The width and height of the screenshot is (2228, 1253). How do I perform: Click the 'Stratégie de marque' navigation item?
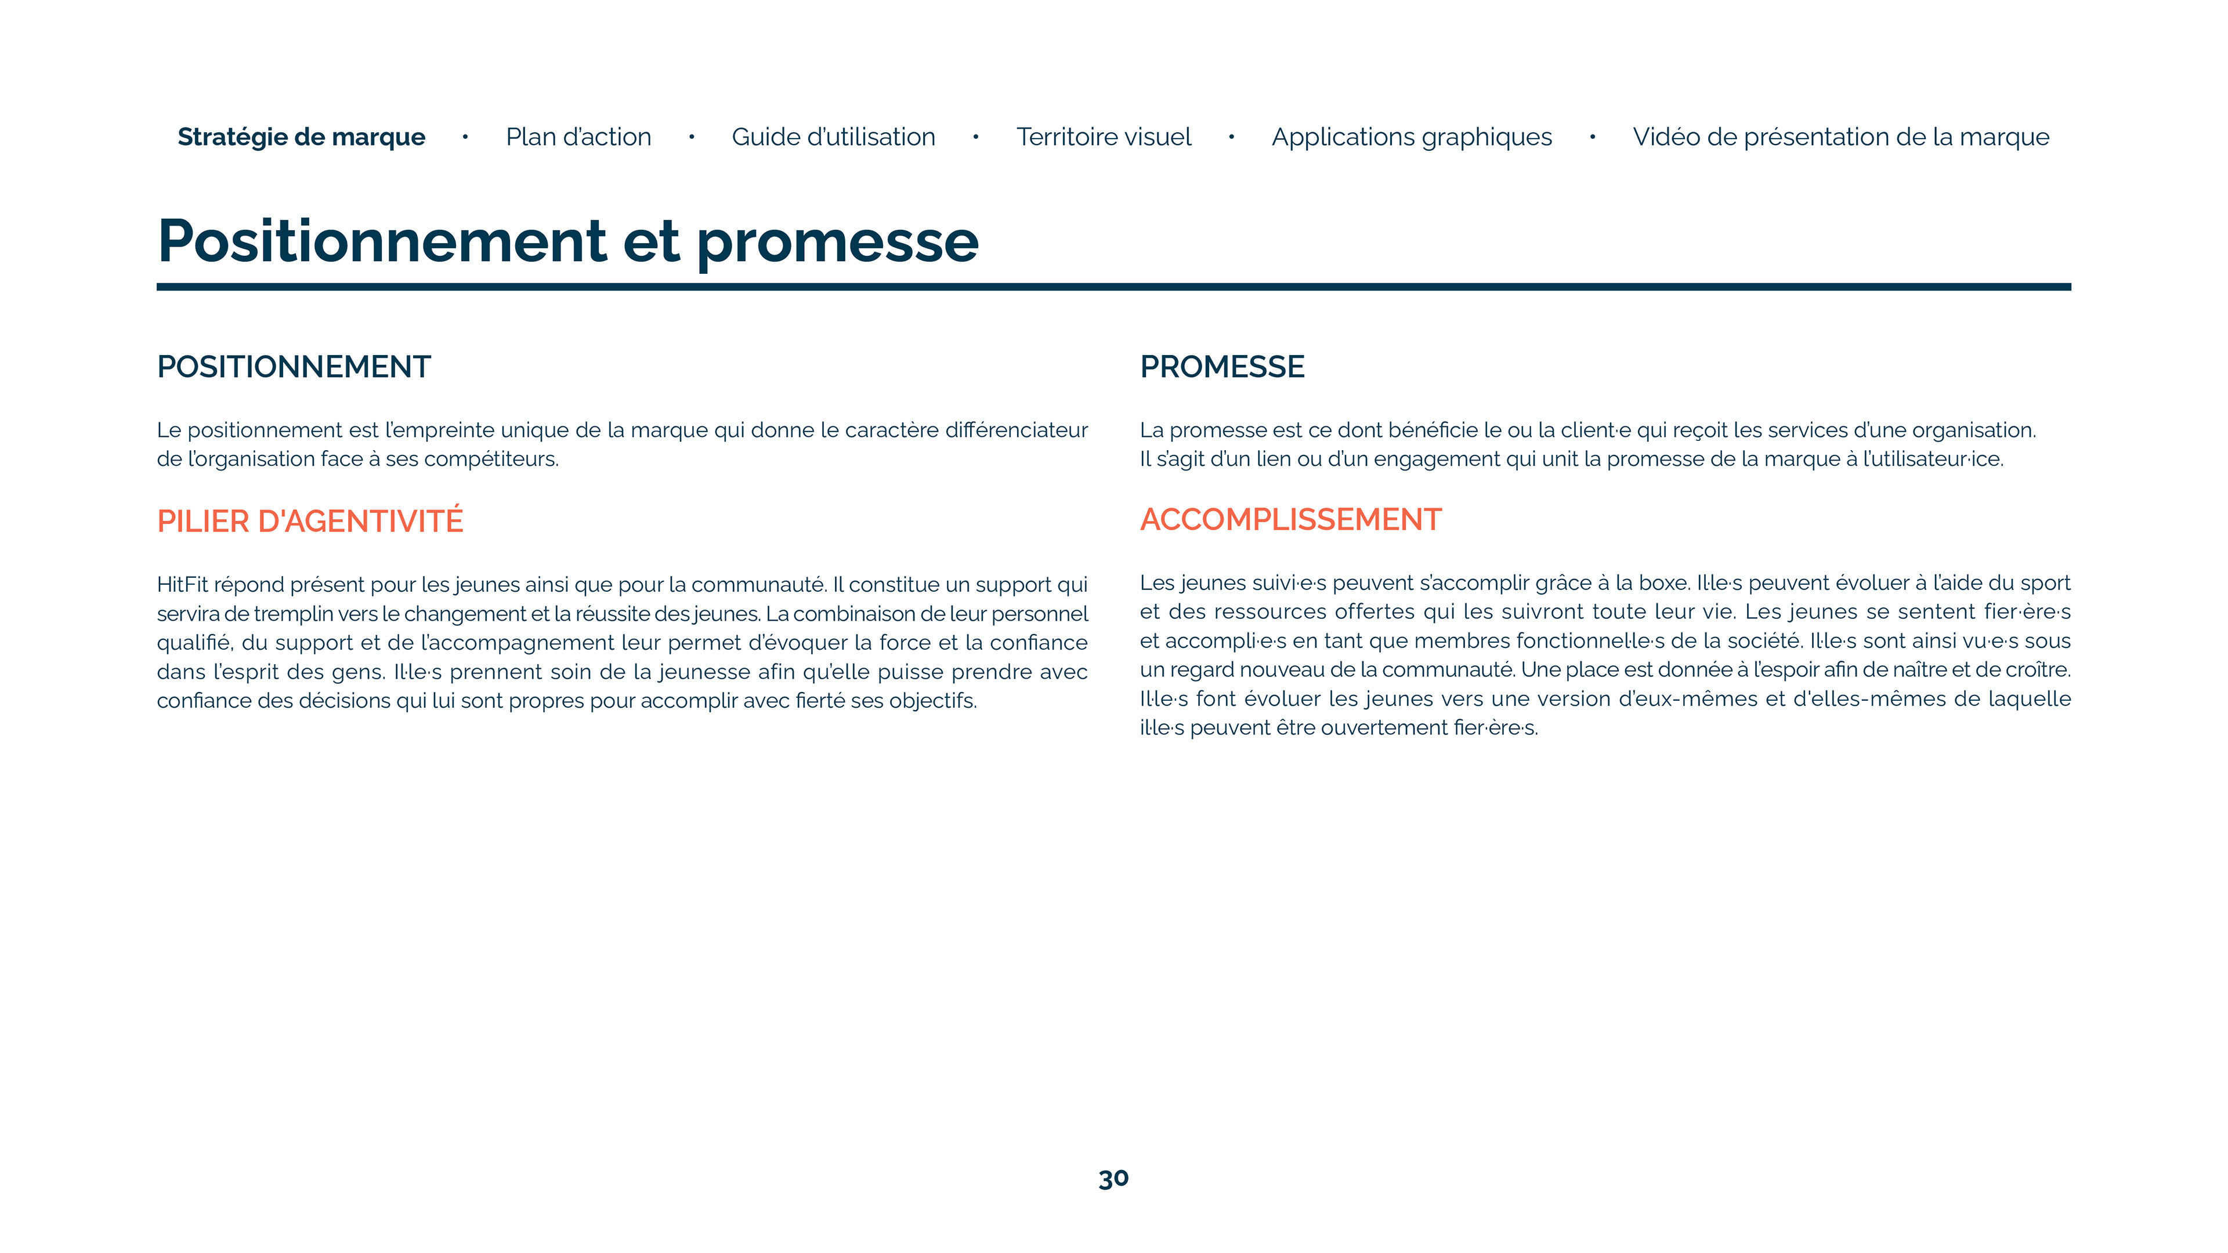[301, 137]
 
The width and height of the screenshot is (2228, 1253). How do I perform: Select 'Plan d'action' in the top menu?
[578, 137]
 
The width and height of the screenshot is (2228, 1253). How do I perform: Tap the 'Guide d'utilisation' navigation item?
[833, 137]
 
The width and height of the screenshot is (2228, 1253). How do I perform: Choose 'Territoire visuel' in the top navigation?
[1103, 137]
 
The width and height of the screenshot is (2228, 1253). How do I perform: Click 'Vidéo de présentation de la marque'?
[1840, 137]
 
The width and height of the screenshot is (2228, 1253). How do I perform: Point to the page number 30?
[1113, 1179]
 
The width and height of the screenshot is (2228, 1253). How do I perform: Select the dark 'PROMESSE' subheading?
[1221, 367]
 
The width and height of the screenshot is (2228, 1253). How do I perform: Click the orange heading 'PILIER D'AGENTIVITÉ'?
[310, 522]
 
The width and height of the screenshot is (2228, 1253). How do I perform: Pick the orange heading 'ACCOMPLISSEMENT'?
[1290, 520]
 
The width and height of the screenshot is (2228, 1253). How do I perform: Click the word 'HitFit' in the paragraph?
[182, 585]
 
